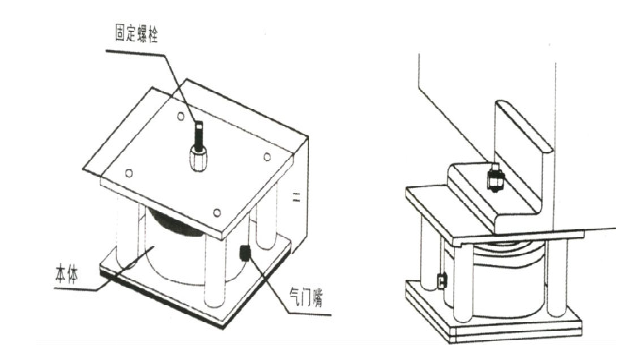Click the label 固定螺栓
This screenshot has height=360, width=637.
[137, 35]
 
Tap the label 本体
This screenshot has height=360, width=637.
[67, 274]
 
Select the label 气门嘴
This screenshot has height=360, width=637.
[306, 297]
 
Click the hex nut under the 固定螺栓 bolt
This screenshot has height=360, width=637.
[198, 158]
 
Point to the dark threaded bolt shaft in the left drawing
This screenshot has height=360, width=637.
[198, 135]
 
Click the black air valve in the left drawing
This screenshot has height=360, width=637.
[245, 253]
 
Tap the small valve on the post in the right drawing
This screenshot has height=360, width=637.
[442, 280]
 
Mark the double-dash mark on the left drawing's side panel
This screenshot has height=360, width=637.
[297, 198]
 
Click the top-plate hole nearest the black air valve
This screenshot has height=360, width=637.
[217, 213]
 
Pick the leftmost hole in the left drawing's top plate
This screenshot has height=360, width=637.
[129, 173]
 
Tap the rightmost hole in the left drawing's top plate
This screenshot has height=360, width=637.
[267, 156]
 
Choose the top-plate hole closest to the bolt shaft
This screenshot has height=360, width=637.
[180, 117]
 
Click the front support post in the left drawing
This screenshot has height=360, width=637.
[215, 271]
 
